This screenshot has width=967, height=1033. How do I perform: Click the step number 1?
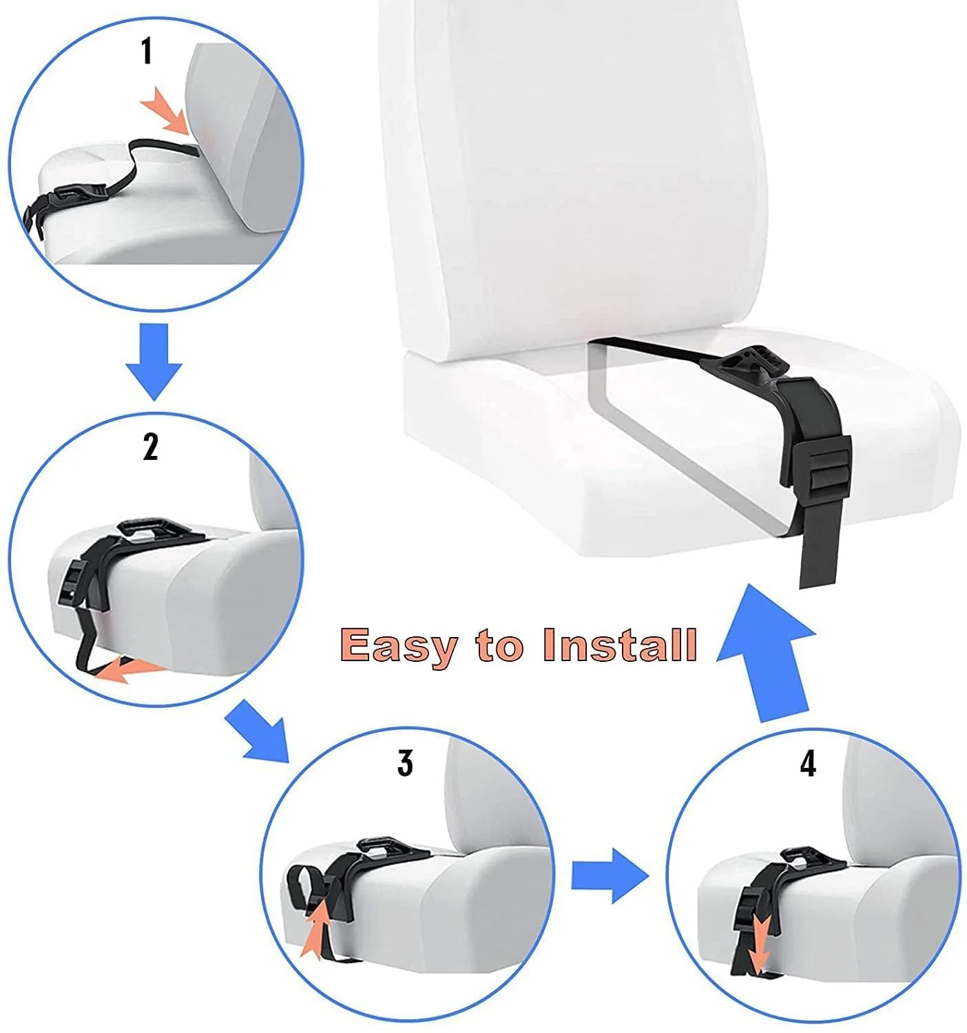tap(147, 52)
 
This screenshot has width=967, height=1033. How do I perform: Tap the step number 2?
tap(150, 447)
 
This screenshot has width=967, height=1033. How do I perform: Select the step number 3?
tap(405, 763)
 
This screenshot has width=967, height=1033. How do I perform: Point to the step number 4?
tap(808, 764)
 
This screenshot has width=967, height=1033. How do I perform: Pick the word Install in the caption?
tap(619, 645)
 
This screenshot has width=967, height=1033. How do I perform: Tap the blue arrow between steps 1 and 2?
tap(154, 362)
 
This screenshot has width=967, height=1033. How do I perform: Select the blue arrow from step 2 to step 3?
tap(258, 730)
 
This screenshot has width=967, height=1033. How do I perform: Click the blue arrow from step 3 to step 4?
tap(610, 875)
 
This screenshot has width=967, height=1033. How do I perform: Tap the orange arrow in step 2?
tap(131, 669)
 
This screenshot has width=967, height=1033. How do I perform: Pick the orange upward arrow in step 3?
tap(316, 930)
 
